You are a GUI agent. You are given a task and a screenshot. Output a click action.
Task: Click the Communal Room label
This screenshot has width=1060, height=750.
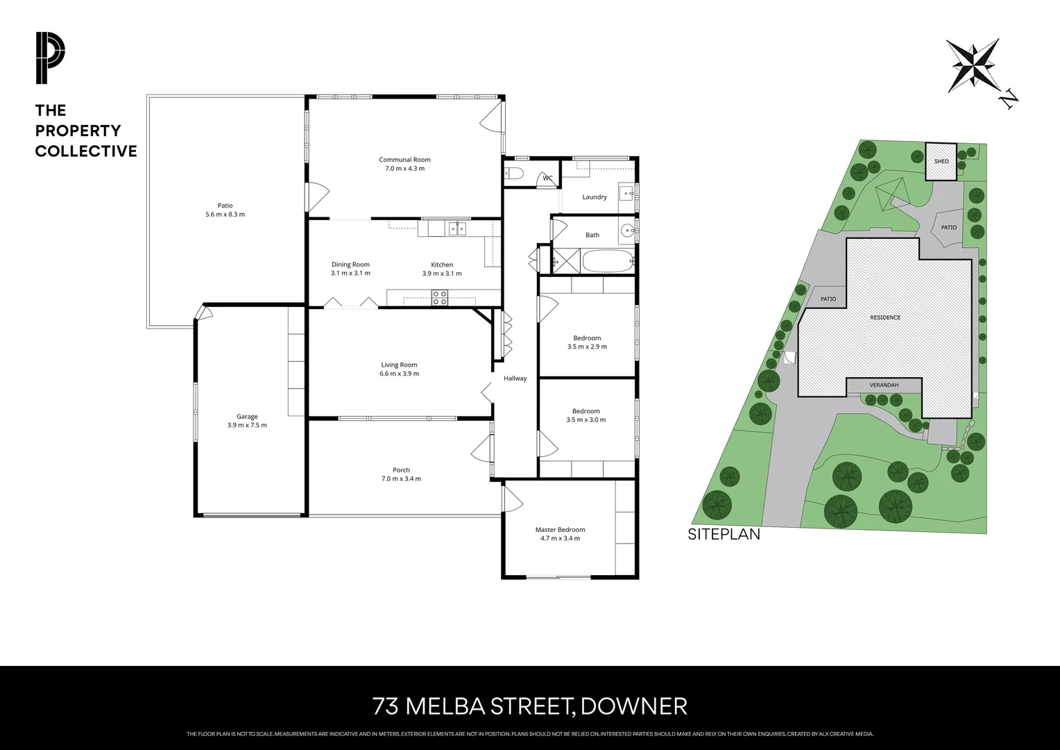404,164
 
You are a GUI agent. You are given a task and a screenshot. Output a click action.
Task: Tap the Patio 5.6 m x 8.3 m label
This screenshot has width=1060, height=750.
225,210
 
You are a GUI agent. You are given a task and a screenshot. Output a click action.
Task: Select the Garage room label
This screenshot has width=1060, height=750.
246,421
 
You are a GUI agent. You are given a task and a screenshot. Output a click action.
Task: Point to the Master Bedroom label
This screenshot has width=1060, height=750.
560,533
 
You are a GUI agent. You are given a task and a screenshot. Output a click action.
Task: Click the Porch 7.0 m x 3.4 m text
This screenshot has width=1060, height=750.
401,474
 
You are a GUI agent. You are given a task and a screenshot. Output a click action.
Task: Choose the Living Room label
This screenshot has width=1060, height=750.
399,369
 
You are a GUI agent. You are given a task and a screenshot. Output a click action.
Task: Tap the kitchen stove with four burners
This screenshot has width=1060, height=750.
440,297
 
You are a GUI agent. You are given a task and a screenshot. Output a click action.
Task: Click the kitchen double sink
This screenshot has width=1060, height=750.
456,228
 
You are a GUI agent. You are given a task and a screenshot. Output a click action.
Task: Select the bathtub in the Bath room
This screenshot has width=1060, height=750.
608,262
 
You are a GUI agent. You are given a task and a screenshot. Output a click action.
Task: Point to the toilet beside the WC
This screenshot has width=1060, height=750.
514,174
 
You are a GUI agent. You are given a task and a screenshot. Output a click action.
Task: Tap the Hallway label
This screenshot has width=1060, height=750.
515,378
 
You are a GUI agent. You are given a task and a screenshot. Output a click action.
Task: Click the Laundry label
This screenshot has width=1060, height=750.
595,197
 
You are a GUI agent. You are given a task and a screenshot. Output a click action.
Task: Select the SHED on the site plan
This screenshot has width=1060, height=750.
941,161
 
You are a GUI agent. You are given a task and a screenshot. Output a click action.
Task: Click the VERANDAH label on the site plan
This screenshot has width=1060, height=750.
884,385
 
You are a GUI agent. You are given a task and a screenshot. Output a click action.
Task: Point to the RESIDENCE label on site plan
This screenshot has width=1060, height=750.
885,317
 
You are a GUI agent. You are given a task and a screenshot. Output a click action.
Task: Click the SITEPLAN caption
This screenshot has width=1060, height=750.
724,535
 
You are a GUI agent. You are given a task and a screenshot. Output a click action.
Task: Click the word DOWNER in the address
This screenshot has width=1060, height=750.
633,706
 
